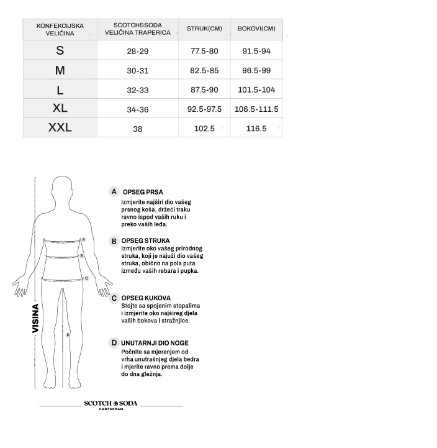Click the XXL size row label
tap(60, 128)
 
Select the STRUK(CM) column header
tap(204, 29)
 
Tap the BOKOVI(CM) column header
tap(256, 29)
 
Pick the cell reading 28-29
tap(138, 51)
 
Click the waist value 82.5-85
tap(204, 71)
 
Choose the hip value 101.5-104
tap(256, 89)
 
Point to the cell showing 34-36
tap(138, 109)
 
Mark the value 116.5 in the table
tap(256, 129)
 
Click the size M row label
tap(60, 70)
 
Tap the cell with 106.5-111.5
tap(256, 109)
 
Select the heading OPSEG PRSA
tap(143, 193)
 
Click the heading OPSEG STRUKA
tap(146, 240)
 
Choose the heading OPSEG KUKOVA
tap(146, 298)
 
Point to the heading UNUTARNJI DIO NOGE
tap(155, 343)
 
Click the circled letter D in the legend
tap(114, 342)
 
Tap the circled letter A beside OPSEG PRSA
tap(114, 192)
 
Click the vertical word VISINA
tap(36, 318)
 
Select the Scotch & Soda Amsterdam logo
tap(111, 405)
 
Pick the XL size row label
tap(60, 108)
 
